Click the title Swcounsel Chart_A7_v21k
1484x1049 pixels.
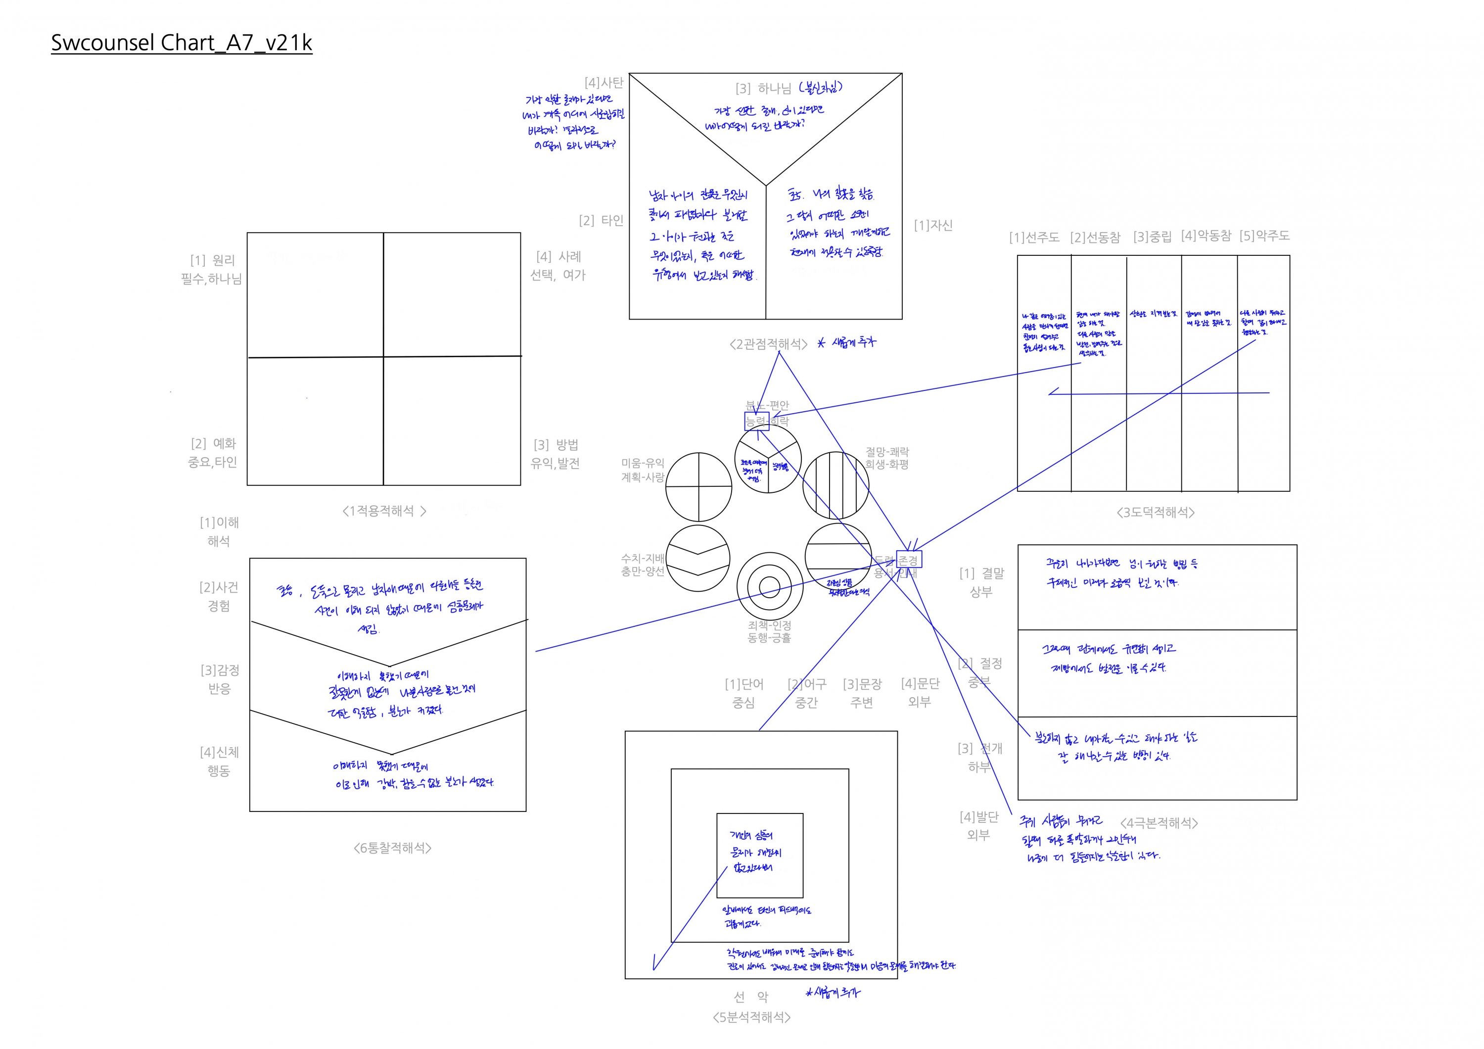click(x=182, y=43)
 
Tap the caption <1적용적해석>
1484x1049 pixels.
click(x=384, y=511)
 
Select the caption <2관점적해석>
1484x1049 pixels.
click(x=768, y=344)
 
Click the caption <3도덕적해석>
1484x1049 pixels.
click(x=1155, y=513)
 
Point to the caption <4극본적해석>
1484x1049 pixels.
click(x=1159, y=823)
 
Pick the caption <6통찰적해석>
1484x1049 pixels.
click(x=392, y=848)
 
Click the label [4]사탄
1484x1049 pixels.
click(x=603, y=83)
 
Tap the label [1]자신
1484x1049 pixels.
click(x=932, y=225)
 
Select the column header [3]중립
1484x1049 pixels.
click(x=1152, y=237)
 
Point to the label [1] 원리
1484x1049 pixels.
click(x=213, y=260)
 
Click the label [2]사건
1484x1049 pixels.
click(x=219, y=587)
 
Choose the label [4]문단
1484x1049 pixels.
click(x=920, y=684)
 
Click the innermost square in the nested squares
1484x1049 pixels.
click(x=759, y=855)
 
